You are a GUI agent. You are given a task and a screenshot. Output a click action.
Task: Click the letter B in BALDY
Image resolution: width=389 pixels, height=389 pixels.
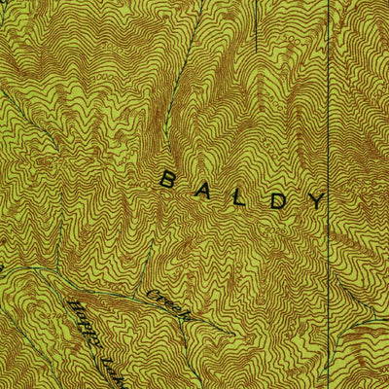coord(167,179)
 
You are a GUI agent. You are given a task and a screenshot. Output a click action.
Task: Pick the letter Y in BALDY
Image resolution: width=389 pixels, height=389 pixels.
coord(317,200)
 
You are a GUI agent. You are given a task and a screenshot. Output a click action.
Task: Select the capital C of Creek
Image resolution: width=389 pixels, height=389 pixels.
coord(152,294)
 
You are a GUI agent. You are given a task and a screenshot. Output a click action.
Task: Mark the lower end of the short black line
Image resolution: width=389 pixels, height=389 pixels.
coord(256,50)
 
